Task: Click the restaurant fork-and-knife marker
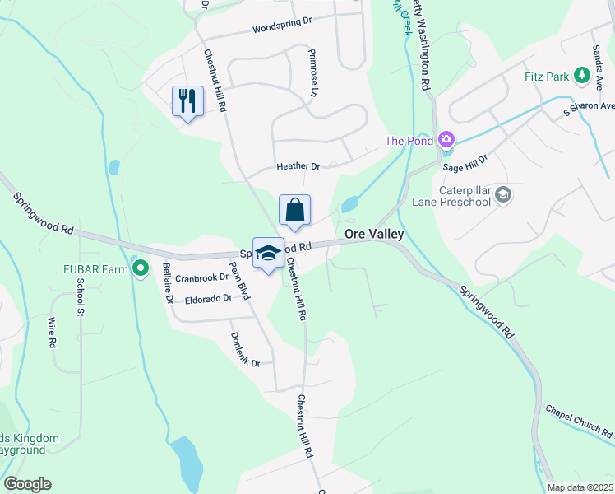(187, 101)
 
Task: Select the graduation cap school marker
(268, 254)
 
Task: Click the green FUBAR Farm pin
(141, 267)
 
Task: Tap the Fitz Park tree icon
(583, 77)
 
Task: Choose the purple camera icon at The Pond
(446, 140)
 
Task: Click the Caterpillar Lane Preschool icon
(503, 195)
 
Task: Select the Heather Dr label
(298, 166)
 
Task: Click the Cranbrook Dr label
(201, 277)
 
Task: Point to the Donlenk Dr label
(245, 350)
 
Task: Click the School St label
(81, 297)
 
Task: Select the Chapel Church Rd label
(580, 420)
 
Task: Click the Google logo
(27, 484)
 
